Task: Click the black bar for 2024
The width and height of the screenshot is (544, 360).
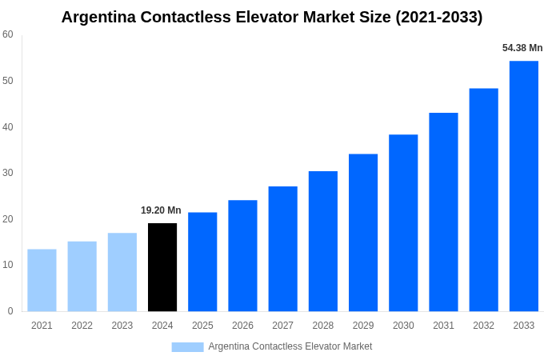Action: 162,267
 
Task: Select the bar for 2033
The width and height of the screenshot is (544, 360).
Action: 524,186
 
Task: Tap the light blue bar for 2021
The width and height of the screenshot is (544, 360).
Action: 42,280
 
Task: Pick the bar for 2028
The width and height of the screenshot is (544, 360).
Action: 323,241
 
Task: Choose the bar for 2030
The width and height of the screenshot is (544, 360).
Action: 403,222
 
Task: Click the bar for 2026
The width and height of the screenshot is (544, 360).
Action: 242,255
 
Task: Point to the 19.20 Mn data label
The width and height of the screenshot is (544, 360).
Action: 161,210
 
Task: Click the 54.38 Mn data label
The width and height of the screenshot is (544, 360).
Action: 522,48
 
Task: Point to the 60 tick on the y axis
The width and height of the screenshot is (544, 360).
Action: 8,34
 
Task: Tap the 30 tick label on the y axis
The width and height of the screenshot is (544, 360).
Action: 8,173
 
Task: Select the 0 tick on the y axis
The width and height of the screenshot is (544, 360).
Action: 10,311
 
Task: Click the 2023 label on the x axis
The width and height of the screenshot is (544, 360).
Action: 122,326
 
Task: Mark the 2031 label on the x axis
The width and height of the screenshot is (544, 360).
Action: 443,326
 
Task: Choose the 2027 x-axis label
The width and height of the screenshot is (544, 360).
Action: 282,326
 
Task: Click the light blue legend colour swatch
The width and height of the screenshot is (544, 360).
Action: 187,346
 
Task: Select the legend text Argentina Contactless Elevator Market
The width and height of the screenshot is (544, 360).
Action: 290,346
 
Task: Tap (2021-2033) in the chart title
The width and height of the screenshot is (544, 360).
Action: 439,17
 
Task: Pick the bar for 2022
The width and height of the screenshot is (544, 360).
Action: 82,276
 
